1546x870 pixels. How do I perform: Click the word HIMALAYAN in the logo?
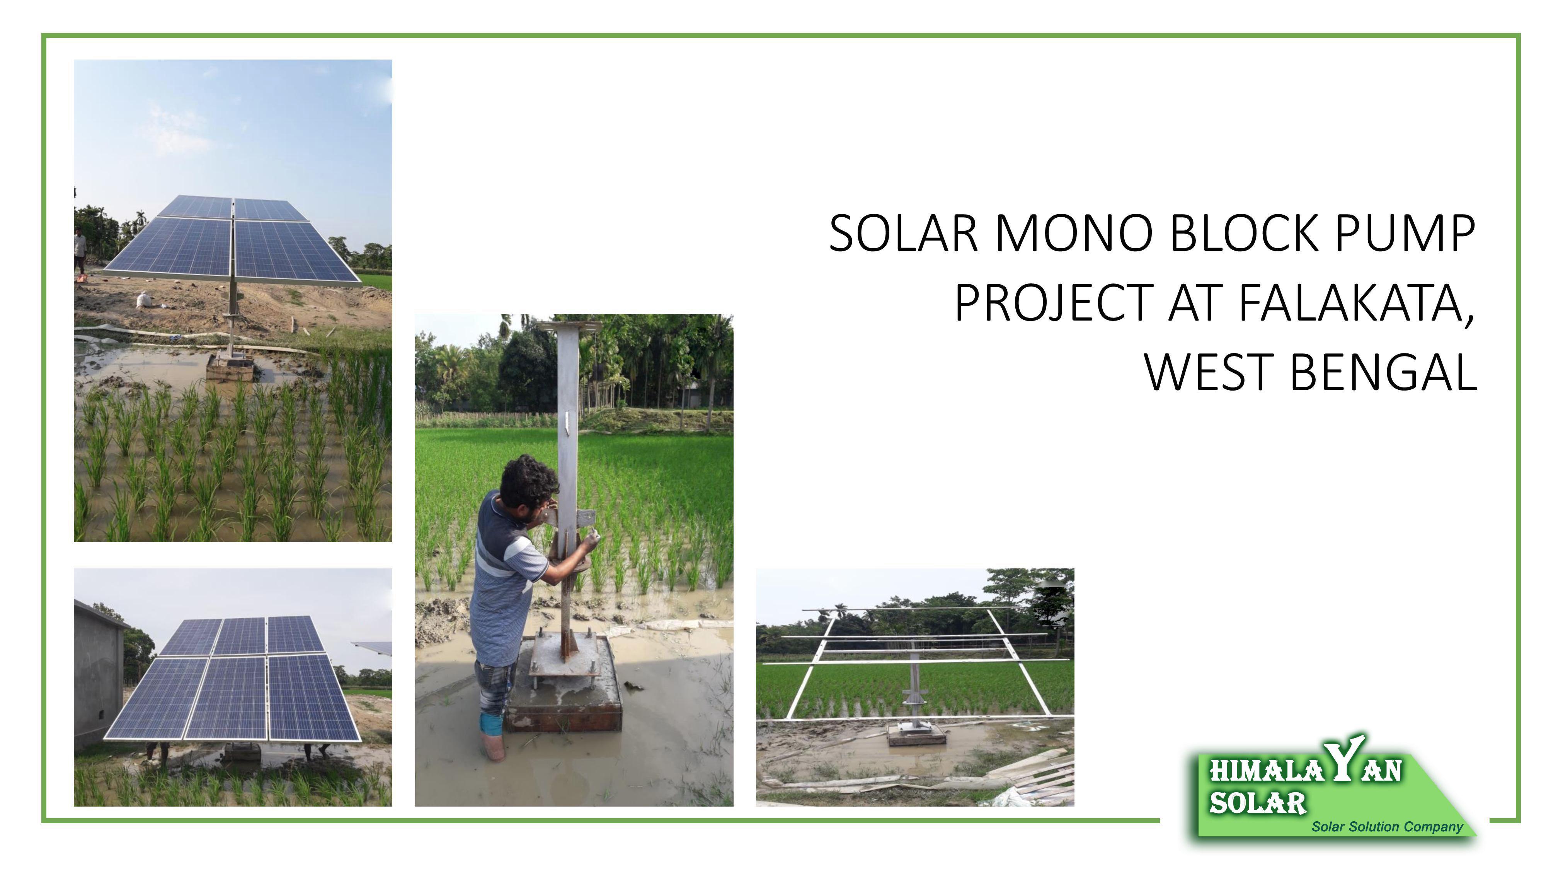[1305, 769]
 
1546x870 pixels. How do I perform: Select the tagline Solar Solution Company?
[1387, 827]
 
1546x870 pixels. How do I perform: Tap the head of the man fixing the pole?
[528, 480]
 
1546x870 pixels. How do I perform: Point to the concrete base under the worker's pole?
[563, 691]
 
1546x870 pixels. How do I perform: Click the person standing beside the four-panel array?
[80, 252]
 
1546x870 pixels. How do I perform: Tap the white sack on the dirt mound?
[145, 299]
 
